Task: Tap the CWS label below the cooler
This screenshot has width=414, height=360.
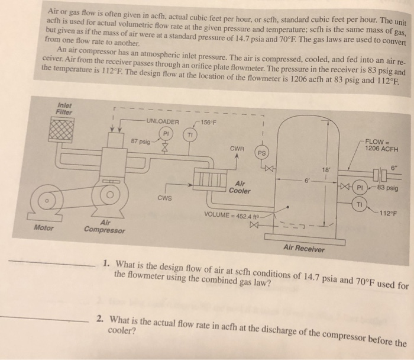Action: pos(164,199)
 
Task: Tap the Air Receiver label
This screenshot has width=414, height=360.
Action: pos(304,249)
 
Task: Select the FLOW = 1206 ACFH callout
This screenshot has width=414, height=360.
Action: pos(381,144)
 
